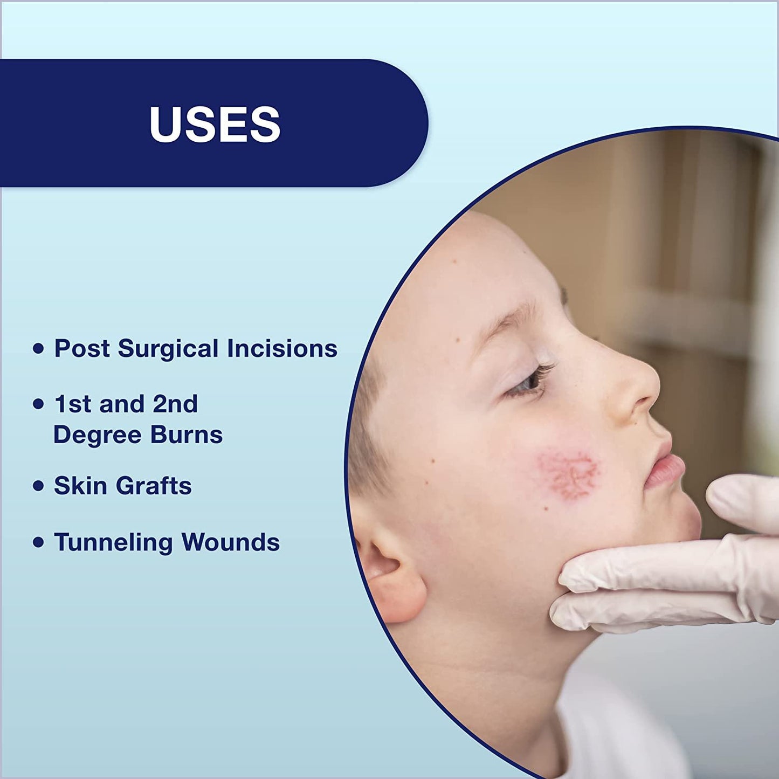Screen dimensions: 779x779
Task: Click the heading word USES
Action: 215,124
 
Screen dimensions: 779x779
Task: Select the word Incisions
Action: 282,348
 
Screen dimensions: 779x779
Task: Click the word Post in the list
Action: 81,348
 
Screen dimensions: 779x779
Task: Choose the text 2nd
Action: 175,404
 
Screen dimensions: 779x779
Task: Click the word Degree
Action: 96,436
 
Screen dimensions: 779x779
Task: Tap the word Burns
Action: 187,435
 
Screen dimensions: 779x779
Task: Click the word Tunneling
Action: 113,542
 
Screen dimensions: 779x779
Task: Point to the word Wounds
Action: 231,542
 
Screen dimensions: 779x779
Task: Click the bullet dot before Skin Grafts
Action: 38,486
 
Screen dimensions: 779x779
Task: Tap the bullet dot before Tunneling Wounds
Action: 38,542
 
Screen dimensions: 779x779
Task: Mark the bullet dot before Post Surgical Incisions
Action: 38,349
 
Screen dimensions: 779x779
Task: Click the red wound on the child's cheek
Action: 567,473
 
